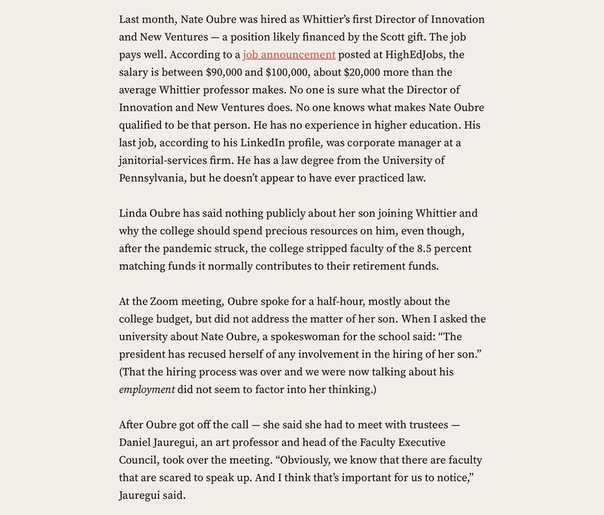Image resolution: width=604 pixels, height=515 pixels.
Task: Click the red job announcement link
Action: pyautogui.click(x=289, y=54)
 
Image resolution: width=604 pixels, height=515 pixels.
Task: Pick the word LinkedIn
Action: pyautogui.click(x=300, y=143)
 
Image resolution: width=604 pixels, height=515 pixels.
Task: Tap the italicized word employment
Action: pyautogui.click(x=147, y=390)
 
